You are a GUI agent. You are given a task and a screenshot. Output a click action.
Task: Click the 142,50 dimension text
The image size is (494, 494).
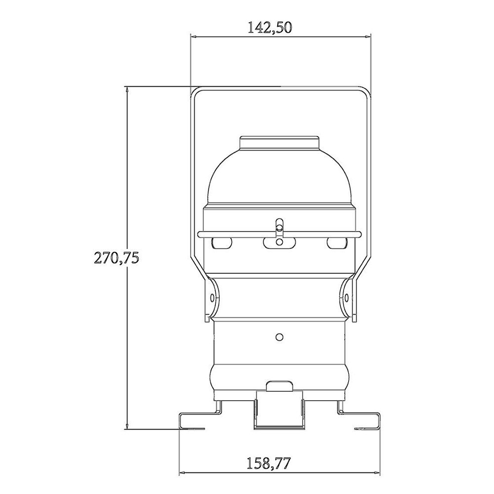pos(270,28)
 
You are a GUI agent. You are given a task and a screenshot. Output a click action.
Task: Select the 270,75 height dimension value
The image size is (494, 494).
pos(117,258)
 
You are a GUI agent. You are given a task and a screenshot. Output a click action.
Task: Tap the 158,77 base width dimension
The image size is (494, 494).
pos(268,463)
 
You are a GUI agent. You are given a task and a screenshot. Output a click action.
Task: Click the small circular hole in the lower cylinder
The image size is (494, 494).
pos(279,337)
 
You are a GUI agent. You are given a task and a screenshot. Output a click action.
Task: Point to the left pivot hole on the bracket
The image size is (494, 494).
pos(212,297)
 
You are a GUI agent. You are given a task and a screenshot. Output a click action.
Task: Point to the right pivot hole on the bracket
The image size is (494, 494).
pos(346,297)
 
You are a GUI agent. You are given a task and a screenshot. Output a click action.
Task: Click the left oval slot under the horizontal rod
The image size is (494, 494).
pos(222,243)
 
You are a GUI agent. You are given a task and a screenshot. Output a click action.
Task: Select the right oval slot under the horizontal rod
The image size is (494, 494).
pos(337,243)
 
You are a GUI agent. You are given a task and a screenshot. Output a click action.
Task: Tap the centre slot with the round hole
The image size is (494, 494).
pos(279,243)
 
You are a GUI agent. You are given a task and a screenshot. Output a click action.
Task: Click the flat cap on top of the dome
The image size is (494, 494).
pos(279,143)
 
